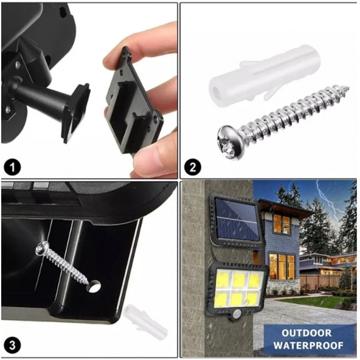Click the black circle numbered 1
point(12,167)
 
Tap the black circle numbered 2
point(193,167)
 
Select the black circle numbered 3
point(12,346)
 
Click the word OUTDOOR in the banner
point(306,333)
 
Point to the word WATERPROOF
point(308,345)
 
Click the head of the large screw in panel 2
point(229,142)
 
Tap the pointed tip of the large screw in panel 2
point(348,87)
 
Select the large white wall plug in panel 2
point(264,76)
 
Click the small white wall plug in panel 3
point(145,320)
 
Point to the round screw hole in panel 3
point(95,286)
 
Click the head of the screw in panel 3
point(41,248)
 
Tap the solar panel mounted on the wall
point(236,221)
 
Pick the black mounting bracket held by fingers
point(134,101)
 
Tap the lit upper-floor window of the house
point(282,224)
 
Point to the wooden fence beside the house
point(320,280)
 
